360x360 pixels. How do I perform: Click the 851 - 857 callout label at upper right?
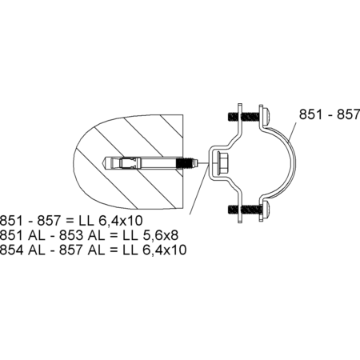(x=330, y=114)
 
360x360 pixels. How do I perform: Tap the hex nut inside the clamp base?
(x=223, y=163)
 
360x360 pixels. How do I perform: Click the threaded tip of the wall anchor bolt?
(x=187, y=162)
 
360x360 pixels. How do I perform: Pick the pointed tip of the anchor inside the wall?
(x=105, y=162)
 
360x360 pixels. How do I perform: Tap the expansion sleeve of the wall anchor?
(x=130, y=162)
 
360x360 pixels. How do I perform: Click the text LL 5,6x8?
(x=150, y=235)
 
